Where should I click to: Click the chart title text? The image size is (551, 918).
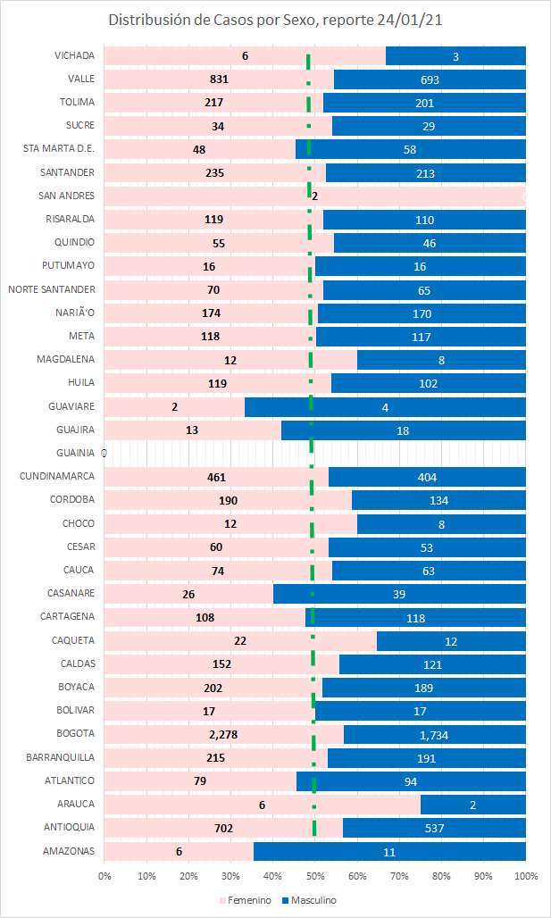[x=275, y=21]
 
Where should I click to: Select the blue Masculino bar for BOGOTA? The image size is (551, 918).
[x=435, y=734]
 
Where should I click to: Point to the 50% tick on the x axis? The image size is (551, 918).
[x=315, y=877]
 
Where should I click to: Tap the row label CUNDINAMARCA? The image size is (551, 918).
[x=57, y=476]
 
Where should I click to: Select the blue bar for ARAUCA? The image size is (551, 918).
[x=472, y=804]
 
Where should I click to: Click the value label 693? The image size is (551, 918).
[x=429, y=79]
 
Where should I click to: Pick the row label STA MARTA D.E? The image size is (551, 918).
[x=59, y=148]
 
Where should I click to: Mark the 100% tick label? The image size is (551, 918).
[x=525, y=877]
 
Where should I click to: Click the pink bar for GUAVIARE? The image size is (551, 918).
[x=174, y=406]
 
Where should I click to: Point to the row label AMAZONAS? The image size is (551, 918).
[x=69, y=851]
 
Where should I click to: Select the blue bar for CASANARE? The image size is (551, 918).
[x=399, y=593]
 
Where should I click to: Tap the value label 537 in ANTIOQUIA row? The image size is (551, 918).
[x=435, y=828]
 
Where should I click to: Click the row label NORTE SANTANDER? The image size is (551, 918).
[x=52, y=288]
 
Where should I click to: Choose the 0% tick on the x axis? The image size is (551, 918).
[x=104, y=877]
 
